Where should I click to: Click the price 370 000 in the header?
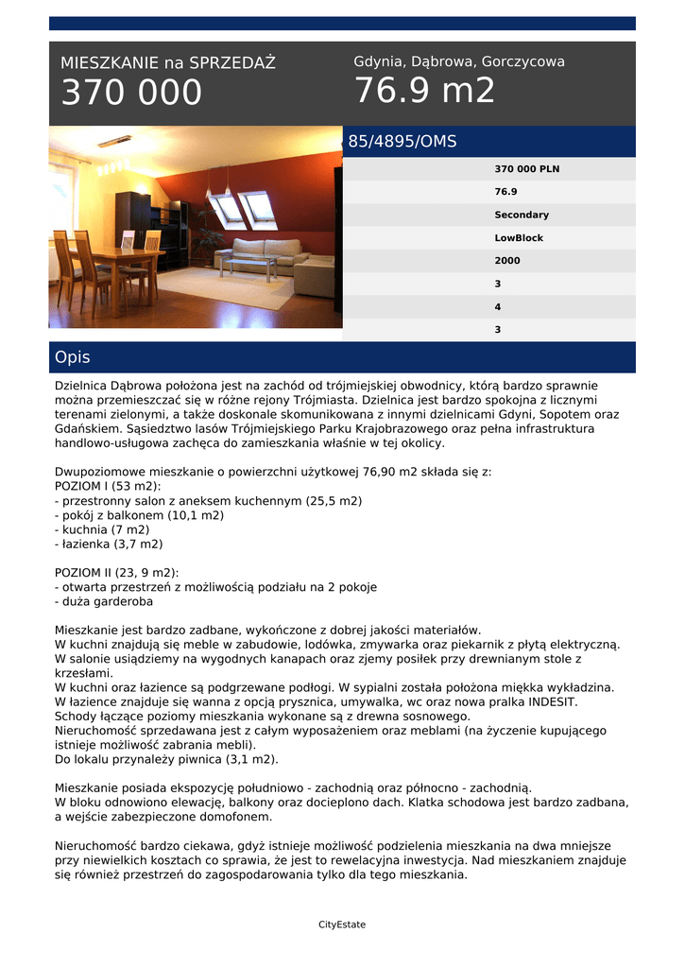pyautogui.click(x=131, y=93)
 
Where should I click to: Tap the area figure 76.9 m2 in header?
pyautogui.click(x=424, y=92)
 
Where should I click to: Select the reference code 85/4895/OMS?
pyautogui.click(x=402, y=142)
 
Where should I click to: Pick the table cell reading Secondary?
pyautogui.click(x=522, y=215)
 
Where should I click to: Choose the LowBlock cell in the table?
pyautogui.click(x=519, y=238)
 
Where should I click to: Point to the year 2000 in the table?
pyautogui.click(x=507, y=261)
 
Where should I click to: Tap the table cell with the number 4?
pyautogui.click(x=498, y=307)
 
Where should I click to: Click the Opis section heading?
pyautogui.click(x=73, y=357)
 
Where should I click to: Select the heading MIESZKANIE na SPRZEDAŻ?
pyautogui.click(x=168, y=63)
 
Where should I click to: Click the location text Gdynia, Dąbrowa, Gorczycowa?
pyautogui.click(x=459, y=61)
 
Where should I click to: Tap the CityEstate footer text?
pyautogui.click(x=342, y=925)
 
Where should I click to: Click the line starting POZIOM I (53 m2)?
pyautogui.click(x=108, y=486)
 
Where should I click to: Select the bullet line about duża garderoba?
pyautogui.click(x=104, y=601)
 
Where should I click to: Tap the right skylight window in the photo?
pyautogui.click(x=257, y=205)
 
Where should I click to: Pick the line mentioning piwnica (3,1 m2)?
pyautogui.click(x=166, y=759)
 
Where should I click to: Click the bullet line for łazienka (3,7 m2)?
pyautogui.click(x=109, y=544)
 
